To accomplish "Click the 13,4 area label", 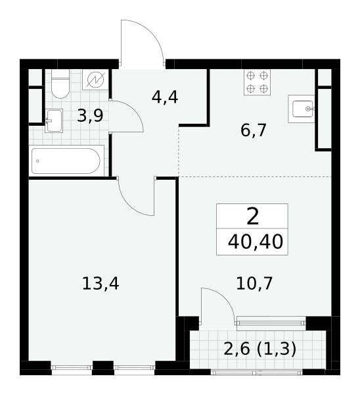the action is pos(101,284).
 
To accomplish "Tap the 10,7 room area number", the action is pos(254,283).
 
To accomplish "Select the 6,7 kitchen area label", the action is pos(253,130).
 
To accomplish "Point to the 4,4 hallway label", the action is pos(165,97).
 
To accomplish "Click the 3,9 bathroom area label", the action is pos(90,116).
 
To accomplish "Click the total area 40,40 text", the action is pos(256,242).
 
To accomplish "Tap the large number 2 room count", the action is pos(253,217).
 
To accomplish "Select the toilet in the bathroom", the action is pos(60,84).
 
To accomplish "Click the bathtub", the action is pos(66,161).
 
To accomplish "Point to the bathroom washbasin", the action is pos(54,121).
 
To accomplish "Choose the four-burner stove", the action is pos(257,82).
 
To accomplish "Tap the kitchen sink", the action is pos(301,109).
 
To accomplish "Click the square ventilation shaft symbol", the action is pos(95,80).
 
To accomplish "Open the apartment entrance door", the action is pos(143,43).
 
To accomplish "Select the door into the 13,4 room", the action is pos(136,196).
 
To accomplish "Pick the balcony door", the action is pos(218,306).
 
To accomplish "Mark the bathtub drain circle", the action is pos(37,161).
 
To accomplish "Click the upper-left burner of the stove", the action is pos(251,75).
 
